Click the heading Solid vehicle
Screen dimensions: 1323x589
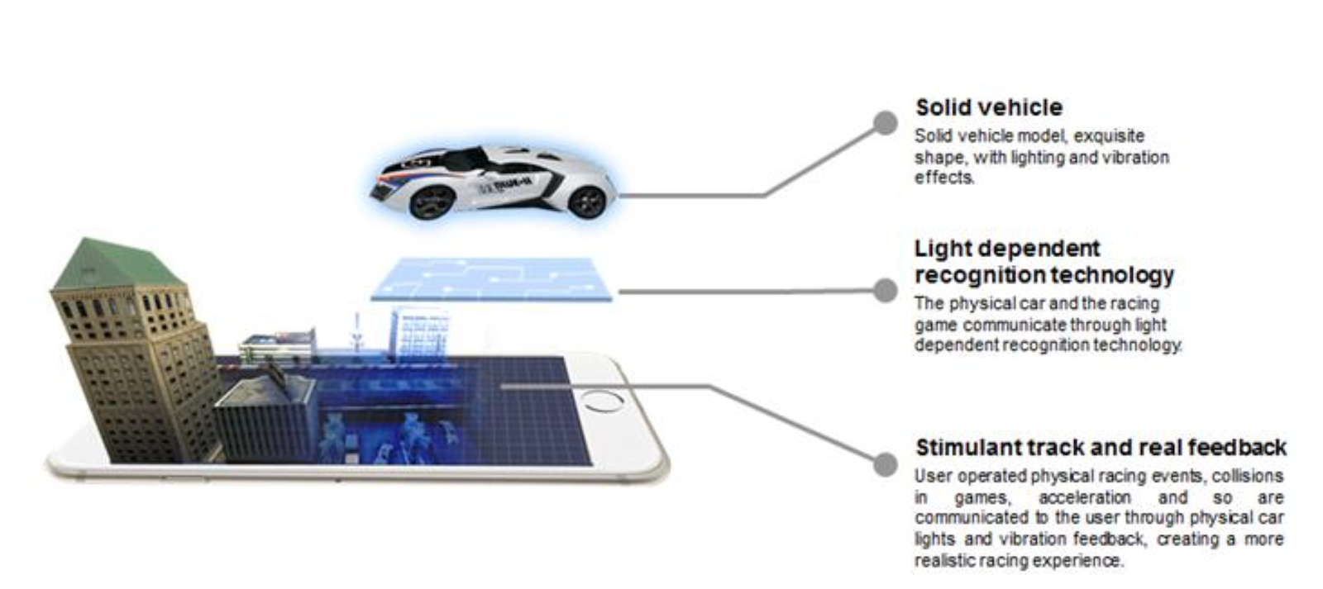tap(988, 107)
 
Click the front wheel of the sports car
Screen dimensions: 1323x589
tap(432, 201)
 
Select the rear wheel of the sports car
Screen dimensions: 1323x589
tap(588, 201)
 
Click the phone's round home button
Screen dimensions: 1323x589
tap(602, 402)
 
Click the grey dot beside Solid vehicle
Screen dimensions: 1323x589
tap(885, 123)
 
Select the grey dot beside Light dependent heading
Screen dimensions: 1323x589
tap(885, 290)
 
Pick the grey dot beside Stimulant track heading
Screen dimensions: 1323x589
tap(885, 464)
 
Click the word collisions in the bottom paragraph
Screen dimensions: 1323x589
tap(1249, 476)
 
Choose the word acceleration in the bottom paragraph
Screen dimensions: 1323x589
tap(1084, 497)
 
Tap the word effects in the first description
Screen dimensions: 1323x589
tap(943, 178)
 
